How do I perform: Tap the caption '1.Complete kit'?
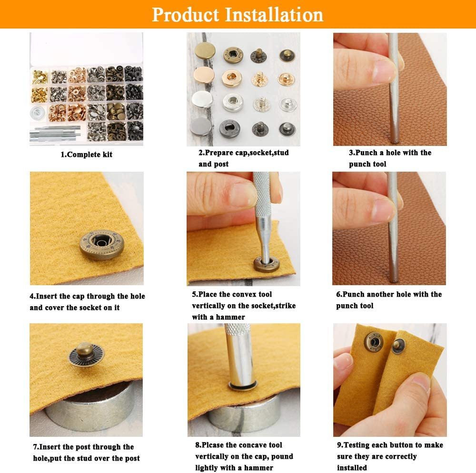pos(87,154)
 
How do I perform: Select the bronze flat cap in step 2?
pos(205,51)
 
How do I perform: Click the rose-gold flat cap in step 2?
pos(204,75)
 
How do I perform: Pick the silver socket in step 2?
pos(233,102)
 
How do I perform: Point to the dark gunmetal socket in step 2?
pos(230,128)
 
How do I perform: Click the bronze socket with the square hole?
pos(233,55)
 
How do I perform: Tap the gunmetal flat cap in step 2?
pos(201,126)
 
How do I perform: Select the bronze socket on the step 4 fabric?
pos(102,245)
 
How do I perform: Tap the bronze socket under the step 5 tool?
pos(267,264)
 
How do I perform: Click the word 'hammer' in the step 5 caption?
pos(230,317)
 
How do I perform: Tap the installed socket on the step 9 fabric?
pos(374,342)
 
